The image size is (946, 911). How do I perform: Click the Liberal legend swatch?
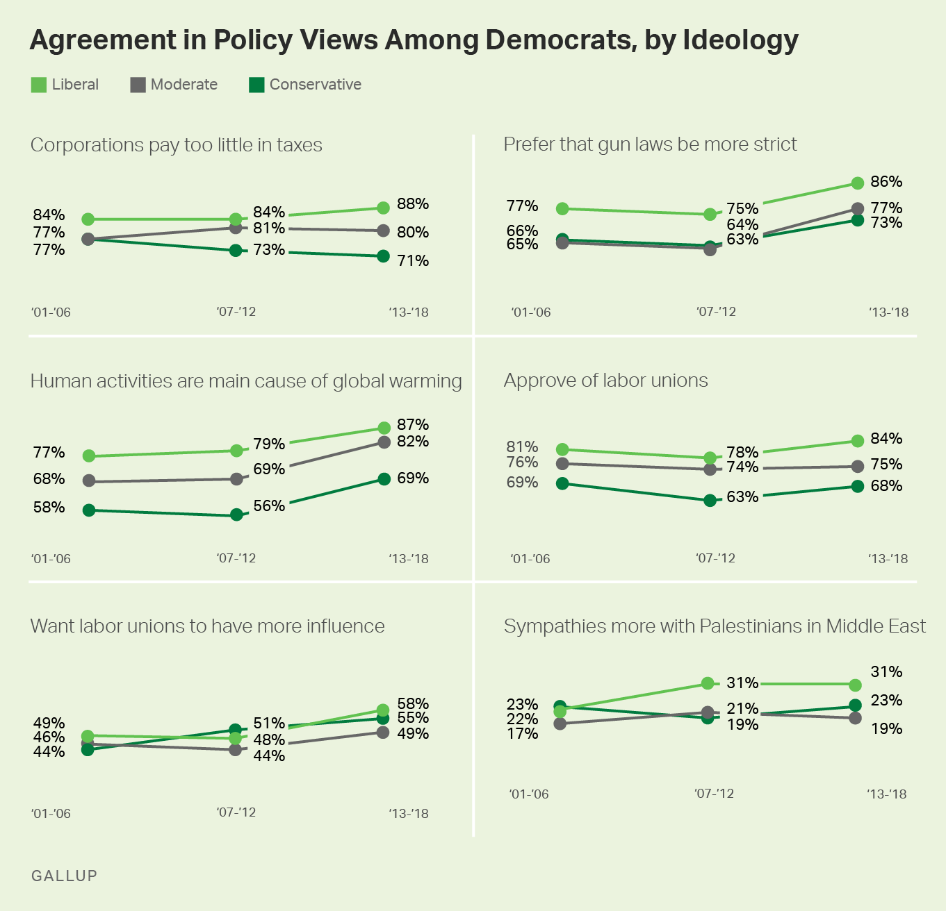point(39,85)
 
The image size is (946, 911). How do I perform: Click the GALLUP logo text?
point(64,876)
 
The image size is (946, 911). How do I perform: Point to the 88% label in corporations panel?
point(412,204)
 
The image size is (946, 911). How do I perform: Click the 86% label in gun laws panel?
point(886,182)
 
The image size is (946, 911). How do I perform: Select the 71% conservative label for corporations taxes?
point(412,261)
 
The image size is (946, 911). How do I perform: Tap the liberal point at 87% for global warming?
point(384,428)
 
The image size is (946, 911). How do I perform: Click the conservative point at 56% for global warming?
point(236,515)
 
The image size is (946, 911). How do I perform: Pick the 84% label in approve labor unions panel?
point(886,439)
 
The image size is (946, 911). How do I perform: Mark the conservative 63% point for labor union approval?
point(710,500)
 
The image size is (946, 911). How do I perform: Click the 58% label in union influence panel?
point(412,704)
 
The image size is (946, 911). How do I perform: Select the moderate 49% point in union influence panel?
point(383,732)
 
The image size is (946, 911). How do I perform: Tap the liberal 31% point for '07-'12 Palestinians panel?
point(708,683)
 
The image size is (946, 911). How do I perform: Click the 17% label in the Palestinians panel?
point(522,734)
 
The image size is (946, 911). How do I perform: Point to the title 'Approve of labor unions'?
point(605,381)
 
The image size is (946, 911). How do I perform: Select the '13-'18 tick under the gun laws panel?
point(888,312)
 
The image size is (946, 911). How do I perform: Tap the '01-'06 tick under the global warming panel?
point(51,559)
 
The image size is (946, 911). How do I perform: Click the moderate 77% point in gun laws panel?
point(858,208)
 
